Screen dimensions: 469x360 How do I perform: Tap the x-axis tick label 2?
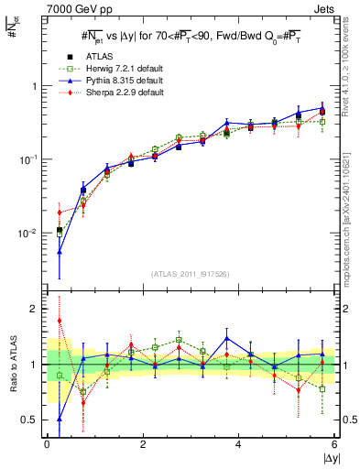(143, 446)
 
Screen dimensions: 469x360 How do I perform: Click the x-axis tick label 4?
(239, 446)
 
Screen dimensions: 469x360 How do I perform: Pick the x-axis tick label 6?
(334, 446)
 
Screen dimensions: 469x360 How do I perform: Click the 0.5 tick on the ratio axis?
(33, 420)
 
